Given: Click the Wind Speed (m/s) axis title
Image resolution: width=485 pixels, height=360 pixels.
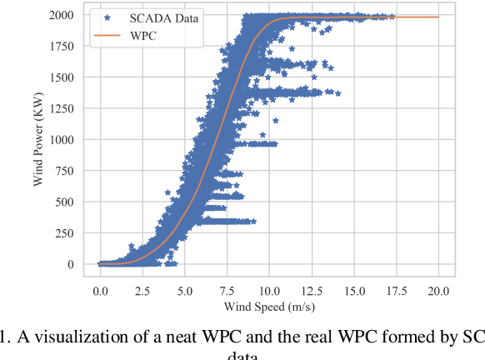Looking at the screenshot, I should point(269,308).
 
